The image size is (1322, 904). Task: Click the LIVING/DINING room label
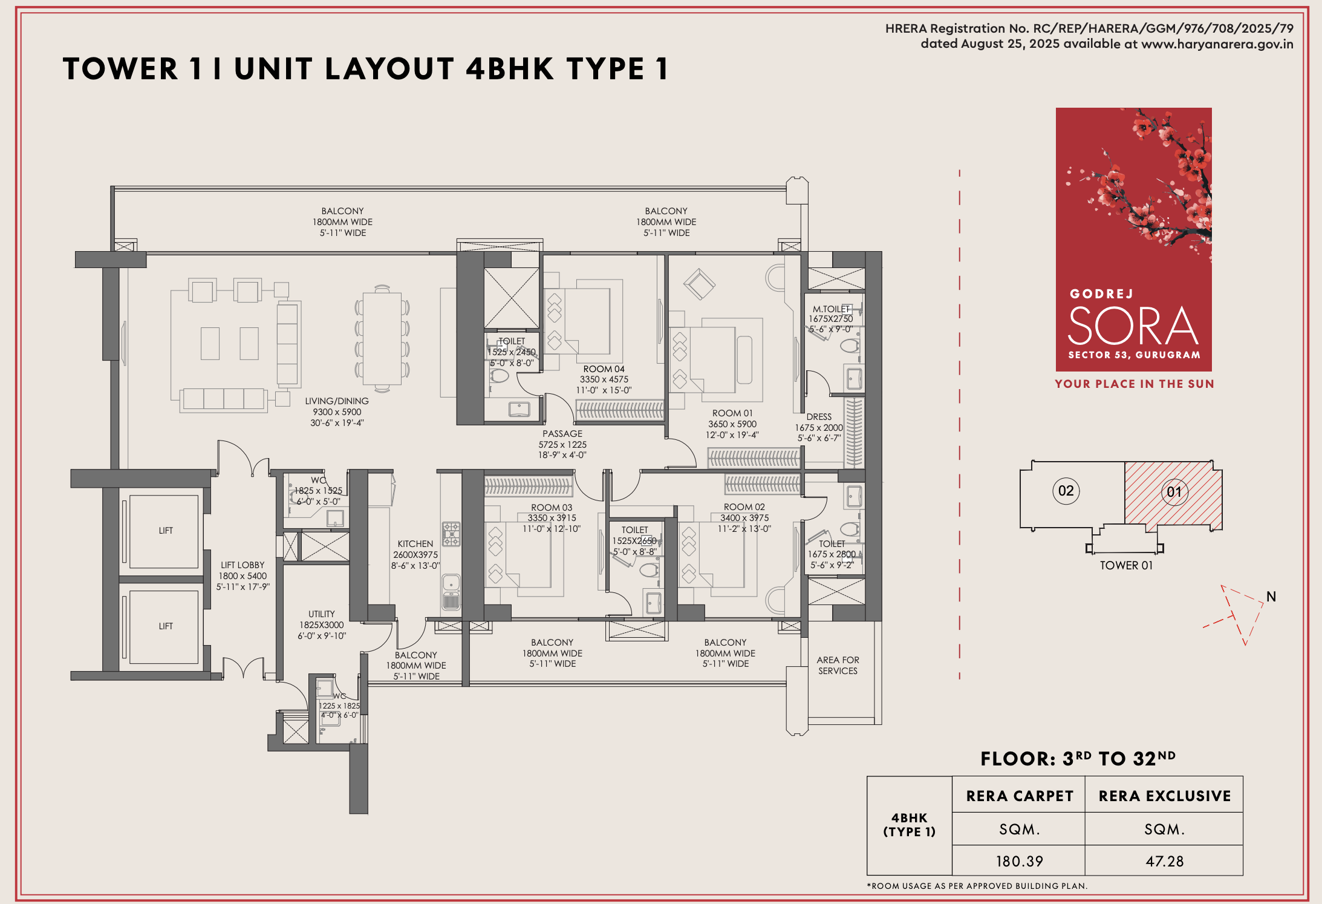(x=337, y=401)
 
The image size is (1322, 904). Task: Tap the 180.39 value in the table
(x=1019, y=861)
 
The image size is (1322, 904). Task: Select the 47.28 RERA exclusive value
(x=1164, y=861)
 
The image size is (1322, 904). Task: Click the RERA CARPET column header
(x=1020, y=796)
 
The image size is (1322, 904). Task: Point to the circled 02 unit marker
(x=1066, y=491)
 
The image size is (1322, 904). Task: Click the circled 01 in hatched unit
(x=1174, y=492)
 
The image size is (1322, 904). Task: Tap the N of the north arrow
(x=1271, y=597)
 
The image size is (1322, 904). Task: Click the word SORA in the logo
(x=1133, y=326)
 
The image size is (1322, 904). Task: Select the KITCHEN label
(x=415, y=544)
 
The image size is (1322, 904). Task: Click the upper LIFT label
(x=166, y=531)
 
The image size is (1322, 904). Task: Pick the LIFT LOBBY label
(x=243, y=565)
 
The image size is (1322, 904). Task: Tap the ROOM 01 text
(x=732, y=413)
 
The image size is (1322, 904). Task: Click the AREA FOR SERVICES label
(x=838, y=666)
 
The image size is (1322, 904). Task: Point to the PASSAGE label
(x=562, y=434)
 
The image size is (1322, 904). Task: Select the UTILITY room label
(x=321, y=614)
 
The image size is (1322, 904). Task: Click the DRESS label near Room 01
(x=819, y=417)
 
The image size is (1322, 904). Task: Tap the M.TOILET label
(x=830, y=309)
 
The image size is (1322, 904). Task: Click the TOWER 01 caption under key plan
(x=1126, y=565)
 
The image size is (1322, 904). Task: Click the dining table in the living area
(x=382, y=338)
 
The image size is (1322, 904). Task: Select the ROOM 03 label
(x=552, y=508)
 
